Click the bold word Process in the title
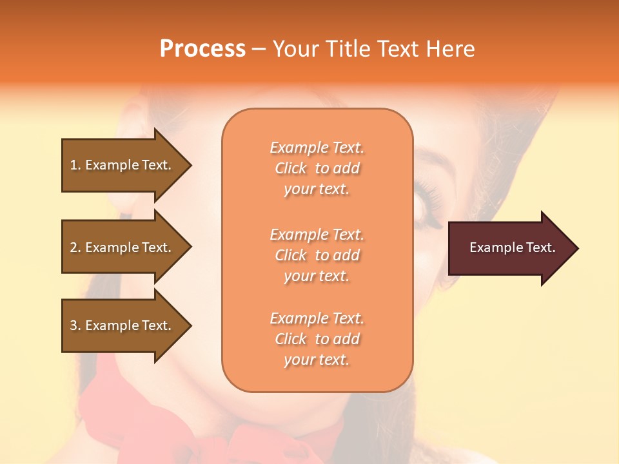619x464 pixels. tap(202, 49)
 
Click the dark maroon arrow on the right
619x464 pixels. tap(509, 248)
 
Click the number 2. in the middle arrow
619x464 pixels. tap(75, 247)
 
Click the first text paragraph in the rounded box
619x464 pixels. tap(317, 168)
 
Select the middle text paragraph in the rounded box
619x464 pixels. tap(317, 255)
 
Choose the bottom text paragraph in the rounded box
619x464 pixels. tap(317, 339)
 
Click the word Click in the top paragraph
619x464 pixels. tap(291, 168)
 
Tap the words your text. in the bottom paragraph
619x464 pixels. tap(317, 360)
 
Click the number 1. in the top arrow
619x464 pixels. tap(75, 165)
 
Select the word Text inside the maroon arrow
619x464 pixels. tap(541, 247)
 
